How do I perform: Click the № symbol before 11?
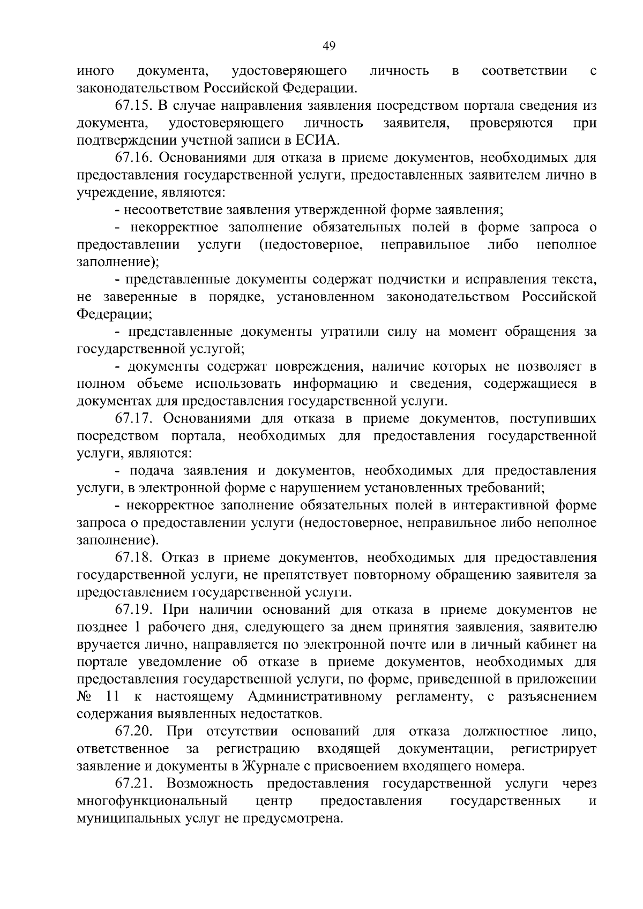coord(85,696)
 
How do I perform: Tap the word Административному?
coord(315,696)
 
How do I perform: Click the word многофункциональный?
coord(153,801)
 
